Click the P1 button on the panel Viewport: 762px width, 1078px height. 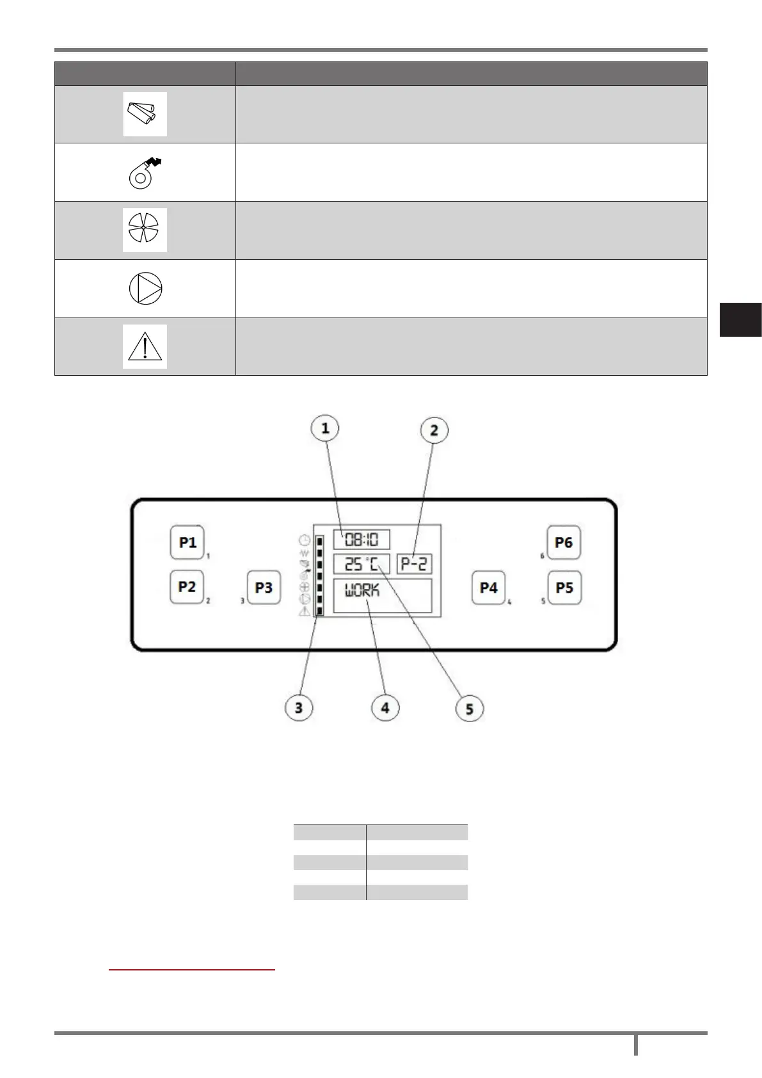(187, 543)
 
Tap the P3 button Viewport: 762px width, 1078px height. (264, 588)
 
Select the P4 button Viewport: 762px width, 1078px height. (488, 588)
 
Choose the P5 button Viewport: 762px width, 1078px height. (564, 588)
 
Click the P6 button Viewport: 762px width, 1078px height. (564, 543)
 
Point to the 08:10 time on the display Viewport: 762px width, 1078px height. (361, 540)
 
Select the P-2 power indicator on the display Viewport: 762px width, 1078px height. (415, 565)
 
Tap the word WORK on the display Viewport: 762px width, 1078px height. (362, 591)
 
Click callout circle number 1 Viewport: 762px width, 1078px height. (325, 428)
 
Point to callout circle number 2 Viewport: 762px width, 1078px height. (434, 431)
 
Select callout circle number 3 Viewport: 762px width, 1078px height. (299, 708)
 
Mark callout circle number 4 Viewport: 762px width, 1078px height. (385, 708)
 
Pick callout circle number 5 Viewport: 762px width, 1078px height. (470, 709)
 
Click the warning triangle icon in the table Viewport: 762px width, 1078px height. (145, 346)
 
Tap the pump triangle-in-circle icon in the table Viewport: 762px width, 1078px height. (145, 288)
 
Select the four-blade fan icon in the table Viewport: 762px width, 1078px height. (145, 230)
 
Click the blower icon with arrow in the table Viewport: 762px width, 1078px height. (145, 172)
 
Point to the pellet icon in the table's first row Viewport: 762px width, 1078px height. (145, 114)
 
